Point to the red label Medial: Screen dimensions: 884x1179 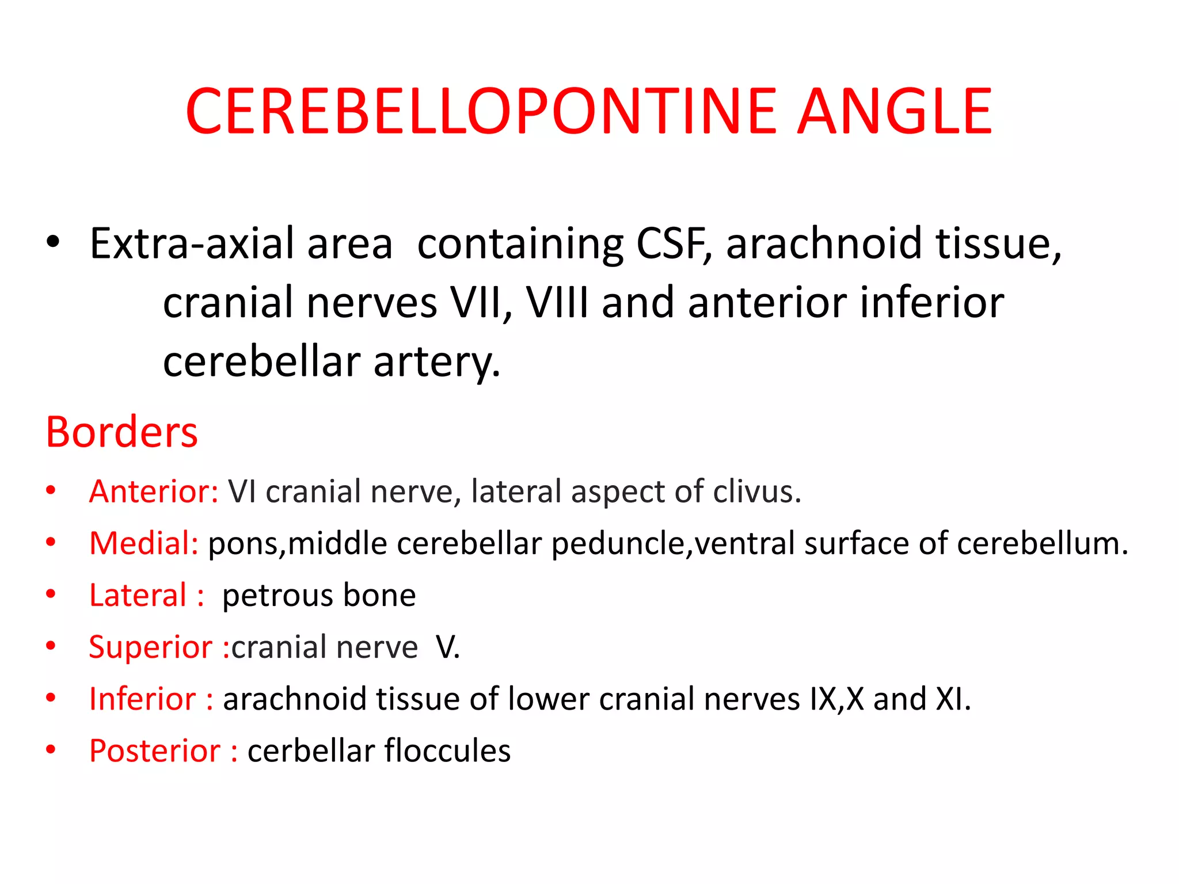144,543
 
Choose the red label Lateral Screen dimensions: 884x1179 138,595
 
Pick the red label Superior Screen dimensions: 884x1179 151,647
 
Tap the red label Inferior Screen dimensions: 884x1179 143,699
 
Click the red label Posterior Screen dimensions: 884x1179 155,751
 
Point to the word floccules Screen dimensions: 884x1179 447,751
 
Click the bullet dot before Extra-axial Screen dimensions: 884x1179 53,242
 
